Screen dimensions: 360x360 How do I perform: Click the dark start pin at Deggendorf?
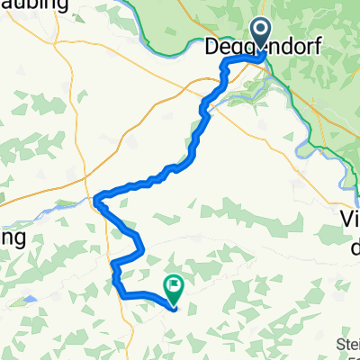[x=262, y=34]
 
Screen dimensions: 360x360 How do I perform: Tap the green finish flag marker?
[x=174, y=288]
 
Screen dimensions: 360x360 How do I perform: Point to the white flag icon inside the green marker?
[x=174, y=286]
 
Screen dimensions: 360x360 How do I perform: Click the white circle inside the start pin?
[x=262, y=31]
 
